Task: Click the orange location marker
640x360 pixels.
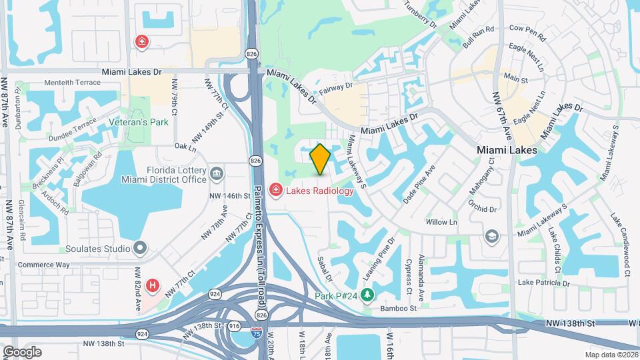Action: [320, 159]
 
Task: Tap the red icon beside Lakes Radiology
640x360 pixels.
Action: [275, 191]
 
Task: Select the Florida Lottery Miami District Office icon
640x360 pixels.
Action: [217, 175]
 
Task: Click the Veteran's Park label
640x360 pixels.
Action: [139, 123]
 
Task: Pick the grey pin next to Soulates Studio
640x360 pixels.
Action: [140, 249]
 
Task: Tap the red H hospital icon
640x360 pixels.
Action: [153, 286]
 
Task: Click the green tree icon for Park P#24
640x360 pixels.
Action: [366, 295]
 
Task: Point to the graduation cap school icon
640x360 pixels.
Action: [492, 236]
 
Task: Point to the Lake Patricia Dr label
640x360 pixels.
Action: [543, 283]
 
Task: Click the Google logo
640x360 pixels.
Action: [21, 351]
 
